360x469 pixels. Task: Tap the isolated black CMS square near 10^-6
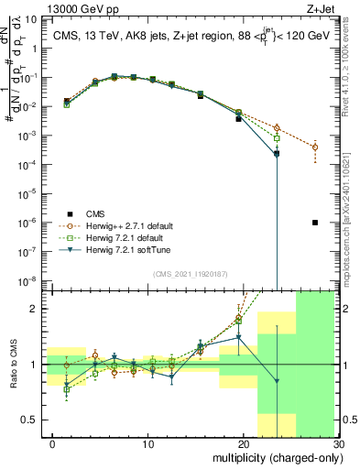(x=315, y=223)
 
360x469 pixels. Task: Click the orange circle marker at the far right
(x=315, y=147)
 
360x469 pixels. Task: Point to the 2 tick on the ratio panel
(x=43, y=309)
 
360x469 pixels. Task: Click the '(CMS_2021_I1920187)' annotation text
(x=191, y=274)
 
